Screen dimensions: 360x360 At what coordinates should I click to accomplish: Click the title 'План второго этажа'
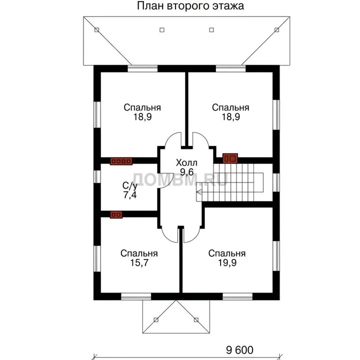pyautogui.click(x=190, y=6)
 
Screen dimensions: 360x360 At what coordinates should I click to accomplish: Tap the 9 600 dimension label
pyautogui.click(x=239, y=350)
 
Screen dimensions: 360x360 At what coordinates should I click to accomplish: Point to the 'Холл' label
pyautogui.click(x=186, y=162)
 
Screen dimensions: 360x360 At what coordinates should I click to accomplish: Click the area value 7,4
pyautogui.click(x=130, y=195)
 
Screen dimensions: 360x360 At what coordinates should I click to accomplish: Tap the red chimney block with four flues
pyautogui.click(x=121, y=161)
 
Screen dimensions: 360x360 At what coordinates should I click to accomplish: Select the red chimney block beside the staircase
pyautogui.click(x=230, y=158)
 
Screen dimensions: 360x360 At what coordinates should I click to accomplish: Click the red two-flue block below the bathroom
pyautogui.click(x=116, y=214)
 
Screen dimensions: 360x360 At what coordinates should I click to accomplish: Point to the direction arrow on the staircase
pyautogui.click(x=199, y=191)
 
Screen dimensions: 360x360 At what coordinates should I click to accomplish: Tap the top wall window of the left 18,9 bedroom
pyautogui.click(x=142, y=69)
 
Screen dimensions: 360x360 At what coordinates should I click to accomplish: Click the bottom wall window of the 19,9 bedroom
pyautogui.click(x=237, y=296)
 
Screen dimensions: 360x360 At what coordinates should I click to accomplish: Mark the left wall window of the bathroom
pyautogui.click(x=97, y=177)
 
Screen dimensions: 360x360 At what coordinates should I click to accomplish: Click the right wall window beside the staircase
pyautogui.click(x=276, y=182)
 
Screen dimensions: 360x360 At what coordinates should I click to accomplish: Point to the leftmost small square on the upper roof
pyautogui.click(x=96, y=30)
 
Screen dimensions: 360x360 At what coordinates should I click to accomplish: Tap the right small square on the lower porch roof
pyautogui.click(x=196, y=320)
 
